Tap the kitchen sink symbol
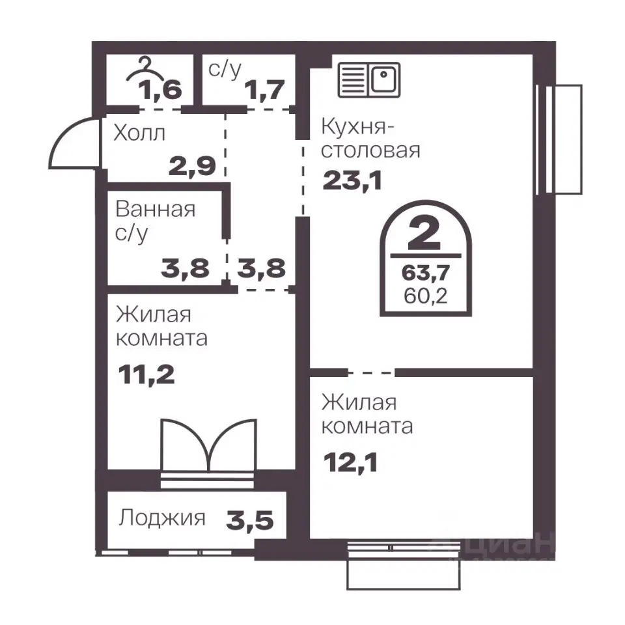click(368, 79)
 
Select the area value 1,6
click(160, 90)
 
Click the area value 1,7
click(265, 90)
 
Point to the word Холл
click(139, 133)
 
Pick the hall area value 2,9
click(192, 166)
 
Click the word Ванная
click(156, 209)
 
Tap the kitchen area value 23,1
click(352, 180)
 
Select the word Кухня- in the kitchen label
click(357, 128)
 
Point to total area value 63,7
click(426, 273)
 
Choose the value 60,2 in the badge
click(426, 296)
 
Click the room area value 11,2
click(146, 375)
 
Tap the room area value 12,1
click(350, 463)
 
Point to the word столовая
click(370, 151)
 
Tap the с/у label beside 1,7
click(225, 70)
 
